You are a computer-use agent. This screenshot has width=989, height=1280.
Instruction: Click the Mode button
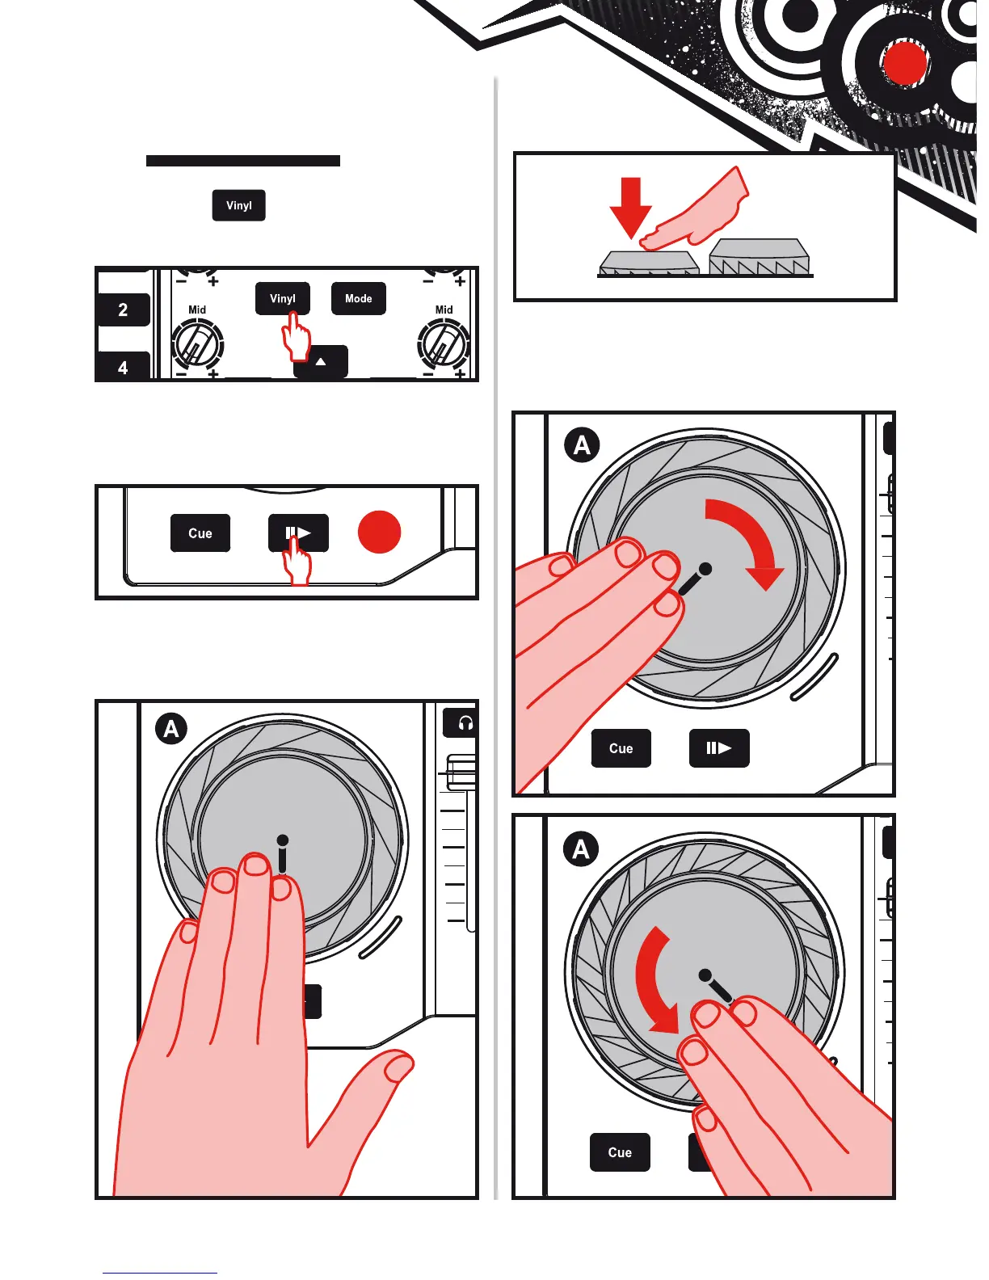pos(358,298)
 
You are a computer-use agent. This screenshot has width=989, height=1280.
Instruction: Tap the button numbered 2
pos(123,309)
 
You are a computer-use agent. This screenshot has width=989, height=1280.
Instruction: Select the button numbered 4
pos(123,368)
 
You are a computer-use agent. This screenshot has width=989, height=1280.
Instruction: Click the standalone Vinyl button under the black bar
pos(239,205)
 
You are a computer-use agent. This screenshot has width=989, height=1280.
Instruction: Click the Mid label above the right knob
pos(444,309)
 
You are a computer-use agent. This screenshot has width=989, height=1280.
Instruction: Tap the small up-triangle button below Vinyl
pos(321,362)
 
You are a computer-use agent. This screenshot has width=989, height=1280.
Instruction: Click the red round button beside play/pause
pos(379,533)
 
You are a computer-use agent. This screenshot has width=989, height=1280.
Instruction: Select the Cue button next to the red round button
pos(200,533)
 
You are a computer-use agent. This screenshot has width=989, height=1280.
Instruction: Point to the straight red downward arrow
pos(630,206)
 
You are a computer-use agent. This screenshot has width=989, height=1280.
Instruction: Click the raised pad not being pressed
pos(759,256)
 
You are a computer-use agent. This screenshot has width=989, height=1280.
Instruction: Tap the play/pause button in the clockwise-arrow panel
pos(719,748)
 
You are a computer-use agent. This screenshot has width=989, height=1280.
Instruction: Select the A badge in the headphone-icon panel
pos(171,729)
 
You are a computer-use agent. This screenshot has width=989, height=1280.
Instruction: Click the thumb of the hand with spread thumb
pos(380,1091)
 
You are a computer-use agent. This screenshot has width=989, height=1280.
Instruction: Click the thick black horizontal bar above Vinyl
pos(242,161)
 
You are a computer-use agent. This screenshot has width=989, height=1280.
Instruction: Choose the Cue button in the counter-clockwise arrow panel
pos(620,1152)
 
